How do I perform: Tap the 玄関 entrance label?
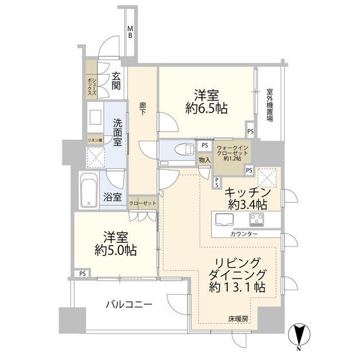[x=116, y=82]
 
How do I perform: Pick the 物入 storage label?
[x=204, y=160]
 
